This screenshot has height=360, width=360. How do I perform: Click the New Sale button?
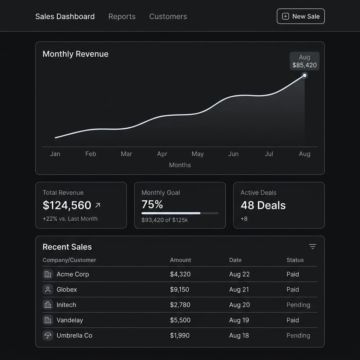click(x=301, y=17)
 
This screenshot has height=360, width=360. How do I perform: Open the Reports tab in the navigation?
click(x=122, y=17)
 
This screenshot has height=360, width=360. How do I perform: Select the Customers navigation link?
click(x=168, y=17)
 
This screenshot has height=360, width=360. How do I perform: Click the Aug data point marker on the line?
click(x=304, y=75)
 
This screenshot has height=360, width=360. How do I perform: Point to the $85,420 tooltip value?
click(x=304, y=65)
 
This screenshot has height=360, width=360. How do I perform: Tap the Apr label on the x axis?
click(x=162, y=154)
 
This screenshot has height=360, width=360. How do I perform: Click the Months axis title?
click(x=180, y=165)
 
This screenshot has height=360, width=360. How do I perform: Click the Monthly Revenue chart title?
click(x=75, y=54)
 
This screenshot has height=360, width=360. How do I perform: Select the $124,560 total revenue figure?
click(x=67, y=205)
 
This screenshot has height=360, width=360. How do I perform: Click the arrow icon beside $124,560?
click(x=98, y=205)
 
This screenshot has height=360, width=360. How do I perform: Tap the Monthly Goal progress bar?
click(x=180, y=213)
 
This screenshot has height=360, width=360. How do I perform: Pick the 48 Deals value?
click(x=263, y=205)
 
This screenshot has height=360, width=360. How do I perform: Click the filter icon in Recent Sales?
click(x=313, y=247)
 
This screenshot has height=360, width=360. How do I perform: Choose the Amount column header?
click(x=180, y=260)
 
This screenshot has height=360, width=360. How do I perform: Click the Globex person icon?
click(x=48, y=290)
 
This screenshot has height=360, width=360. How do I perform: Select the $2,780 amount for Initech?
click(x=180, y=305)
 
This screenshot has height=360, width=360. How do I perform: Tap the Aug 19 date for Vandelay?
click(x=239, y=320)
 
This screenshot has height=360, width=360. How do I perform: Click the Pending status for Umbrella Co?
click(x=298, y=335)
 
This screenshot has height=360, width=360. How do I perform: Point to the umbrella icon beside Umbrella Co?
click(x=48, y=335)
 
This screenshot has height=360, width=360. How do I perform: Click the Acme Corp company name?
click(x=72, y=274)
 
